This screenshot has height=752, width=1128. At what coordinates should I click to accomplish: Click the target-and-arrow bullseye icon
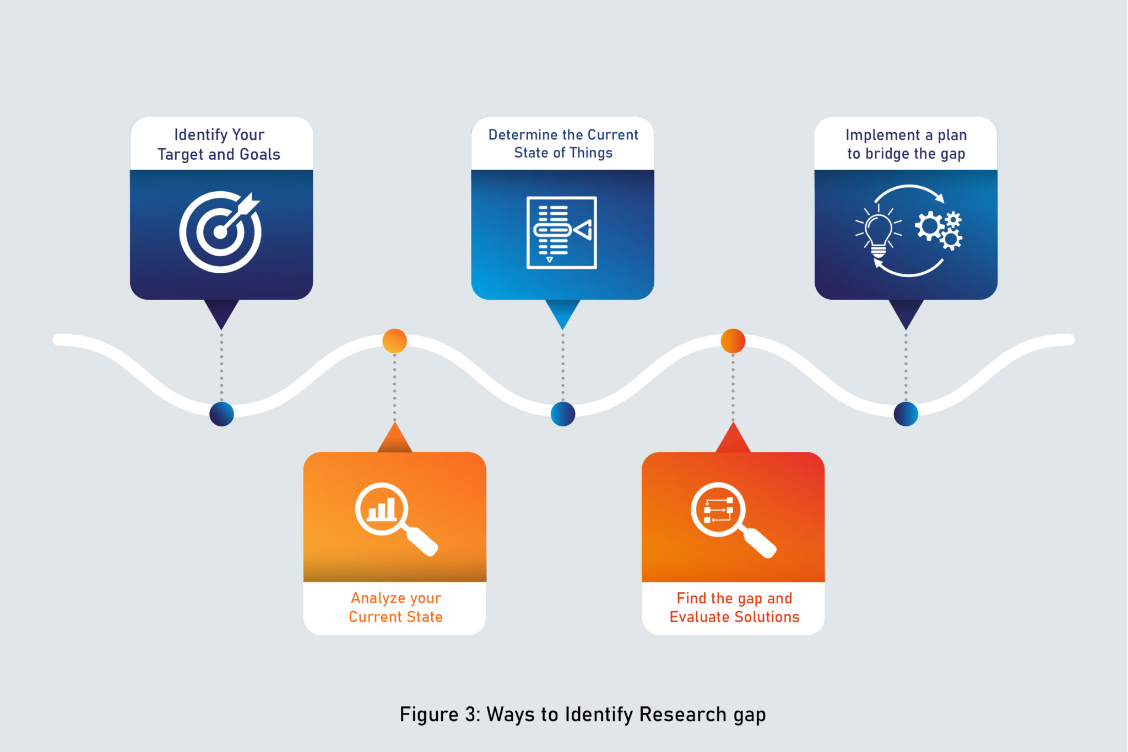(220, 232)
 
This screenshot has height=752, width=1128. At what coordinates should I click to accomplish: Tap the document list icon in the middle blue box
(562, 232)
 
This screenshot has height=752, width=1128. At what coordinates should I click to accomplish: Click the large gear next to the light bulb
(929, 225)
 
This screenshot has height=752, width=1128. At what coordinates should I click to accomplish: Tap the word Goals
(260, 155)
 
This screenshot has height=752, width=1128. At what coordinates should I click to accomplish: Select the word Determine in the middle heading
(523, 135)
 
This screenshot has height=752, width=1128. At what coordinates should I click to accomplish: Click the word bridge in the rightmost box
(887, 154)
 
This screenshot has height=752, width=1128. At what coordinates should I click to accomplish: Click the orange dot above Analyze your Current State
(394, 341)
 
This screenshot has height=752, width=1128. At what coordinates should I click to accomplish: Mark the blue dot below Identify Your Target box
(221, 414)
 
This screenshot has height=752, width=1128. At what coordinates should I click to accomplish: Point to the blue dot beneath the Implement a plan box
(905, 414)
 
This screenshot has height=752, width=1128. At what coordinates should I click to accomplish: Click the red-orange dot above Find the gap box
(733, 341)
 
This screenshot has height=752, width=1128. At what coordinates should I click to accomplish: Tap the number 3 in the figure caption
(471, 715)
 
